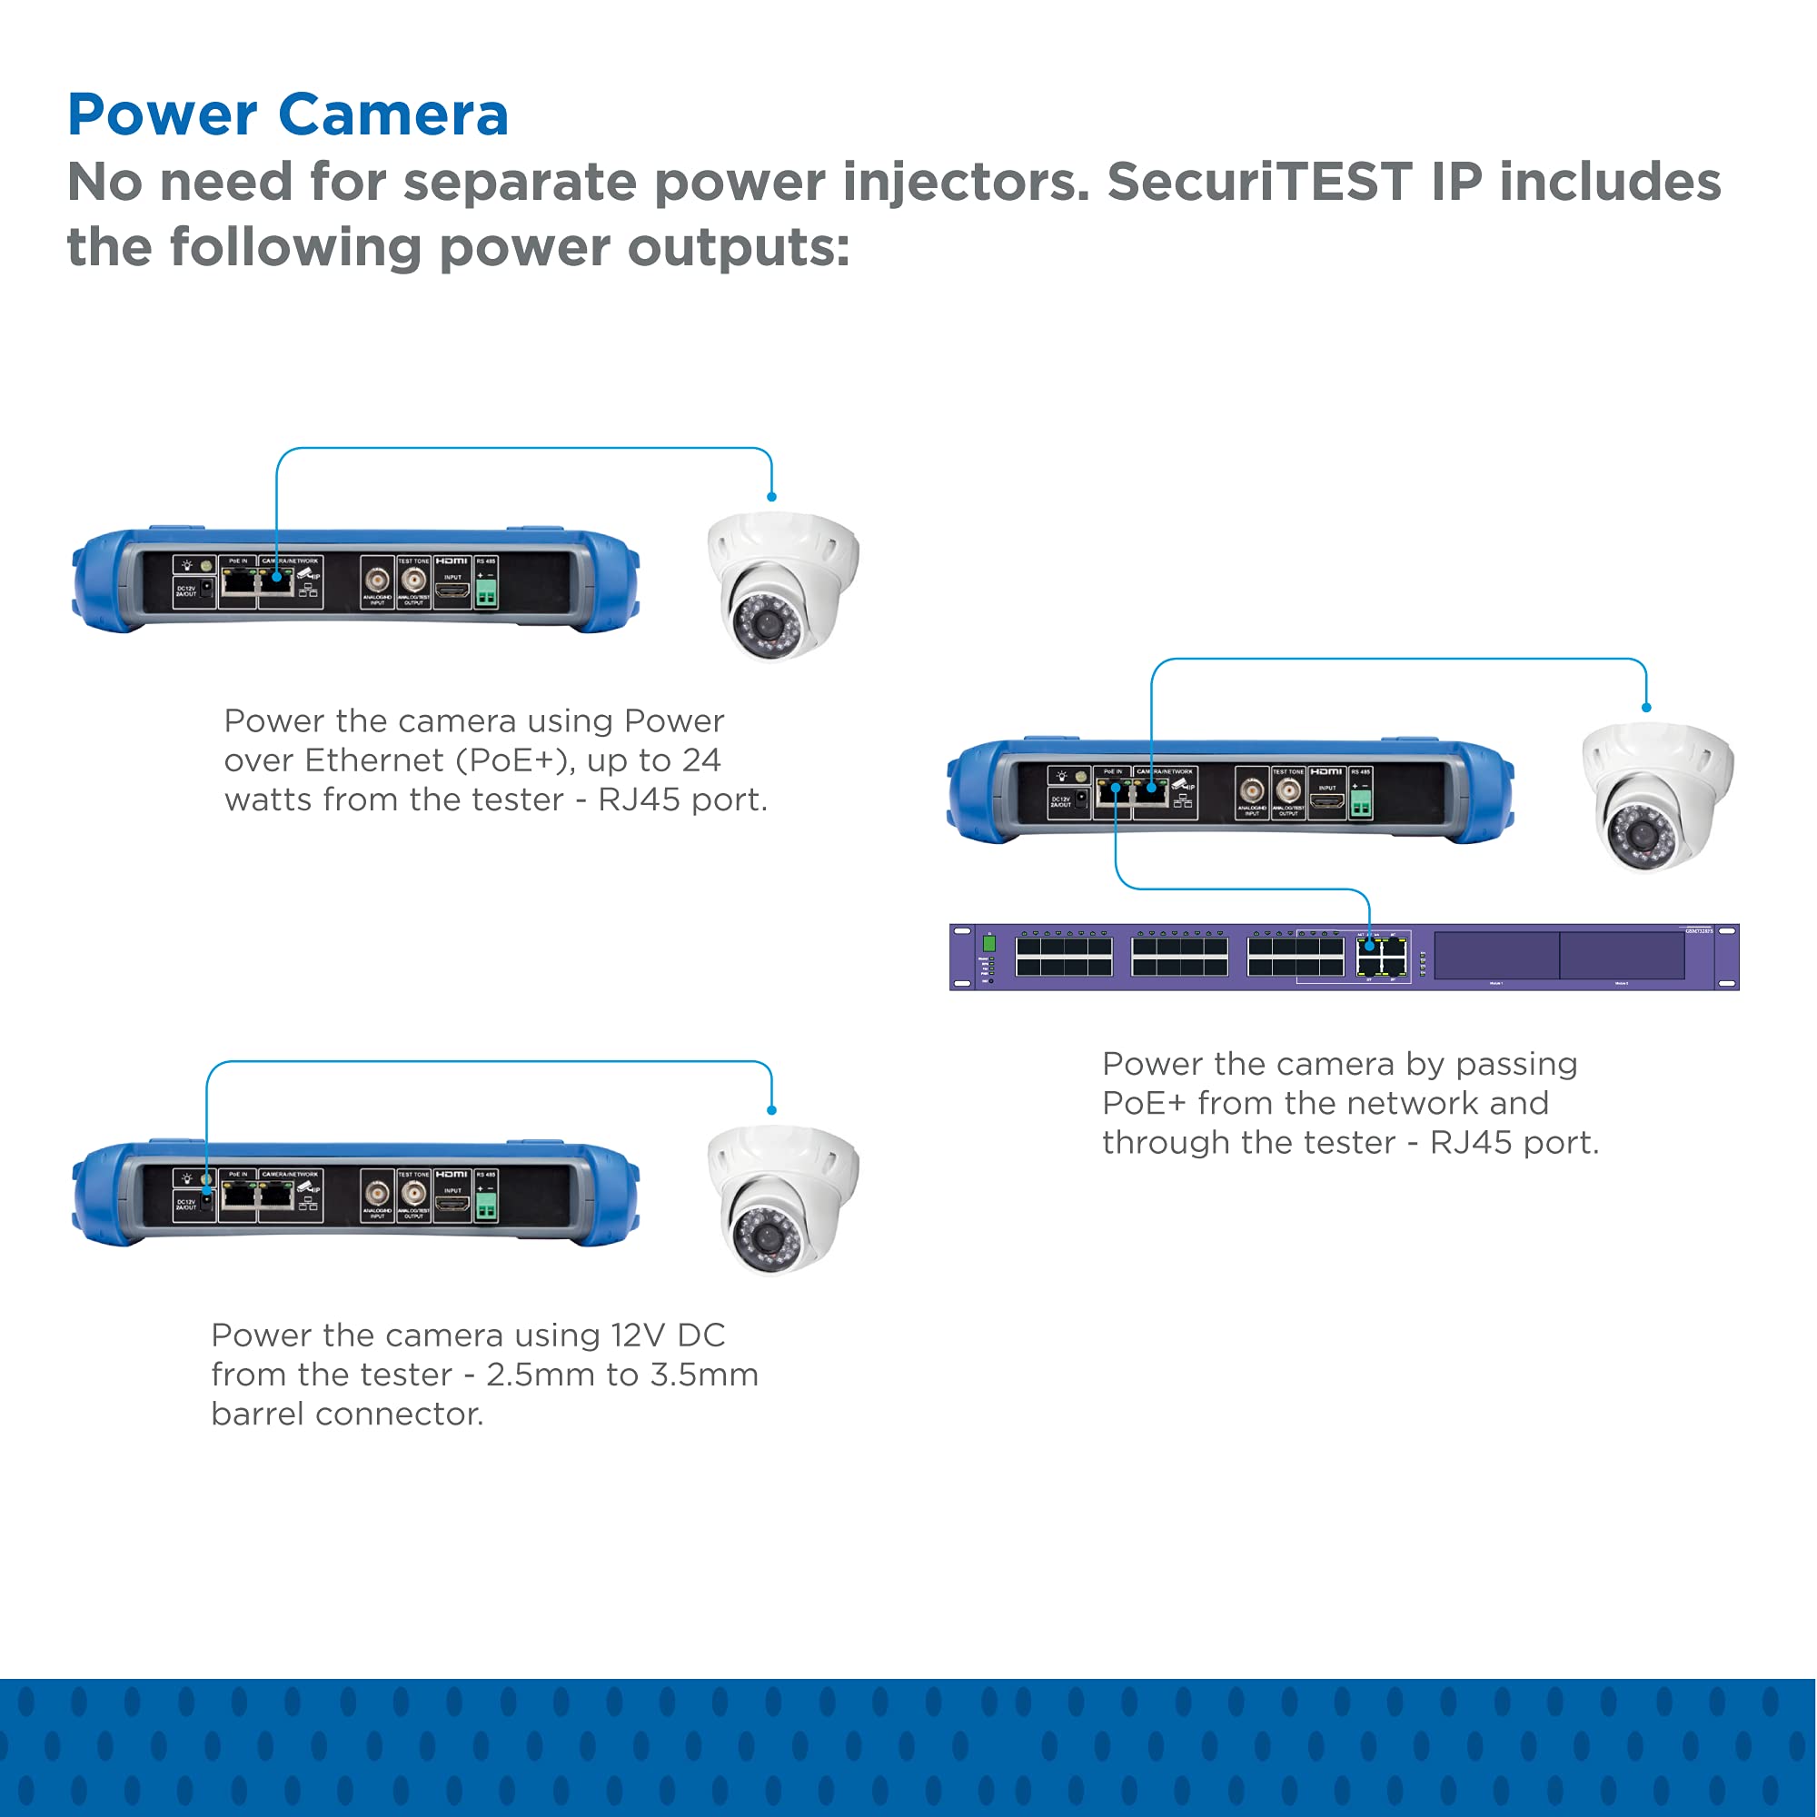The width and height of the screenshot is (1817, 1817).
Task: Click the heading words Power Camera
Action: pos(288,114)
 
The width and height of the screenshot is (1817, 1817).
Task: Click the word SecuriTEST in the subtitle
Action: pos(1259,182)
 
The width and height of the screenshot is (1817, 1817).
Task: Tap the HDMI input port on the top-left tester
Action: pos(452,591)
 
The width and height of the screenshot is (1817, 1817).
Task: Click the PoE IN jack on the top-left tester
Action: pos(239,583)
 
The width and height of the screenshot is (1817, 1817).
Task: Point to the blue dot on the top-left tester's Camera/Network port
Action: pos(276,577)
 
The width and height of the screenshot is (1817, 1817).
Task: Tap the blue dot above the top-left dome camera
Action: pos(771,497)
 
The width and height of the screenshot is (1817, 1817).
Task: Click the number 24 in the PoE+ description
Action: pos(701,760)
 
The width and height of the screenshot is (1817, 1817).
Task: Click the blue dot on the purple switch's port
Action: pos(1369,947)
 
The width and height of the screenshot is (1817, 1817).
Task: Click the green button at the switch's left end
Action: pos(988,943)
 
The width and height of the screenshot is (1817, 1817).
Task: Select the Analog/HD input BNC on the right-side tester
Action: pos(1251,791)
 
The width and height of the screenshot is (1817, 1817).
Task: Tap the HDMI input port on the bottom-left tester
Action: pos(452,1205)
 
